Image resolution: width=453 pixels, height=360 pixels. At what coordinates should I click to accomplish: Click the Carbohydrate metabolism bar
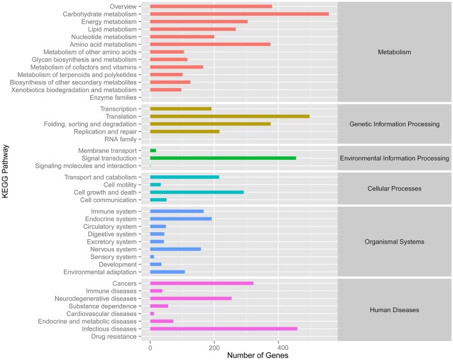click(x=239, y=14)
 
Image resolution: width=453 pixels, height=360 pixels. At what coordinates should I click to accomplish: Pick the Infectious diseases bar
click(x=223, y=329)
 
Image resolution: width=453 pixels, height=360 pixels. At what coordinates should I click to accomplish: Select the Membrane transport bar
click(x=153, y=150)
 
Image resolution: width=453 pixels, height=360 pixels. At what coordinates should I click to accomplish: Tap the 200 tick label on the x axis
click(x=214, y=346)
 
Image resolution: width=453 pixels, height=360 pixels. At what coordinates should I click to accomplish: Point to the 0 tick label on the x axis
click(x=150, y=346)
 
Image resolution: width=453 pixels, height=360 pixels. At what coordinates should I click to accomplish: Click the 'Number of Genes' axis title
click(x=242, y=355)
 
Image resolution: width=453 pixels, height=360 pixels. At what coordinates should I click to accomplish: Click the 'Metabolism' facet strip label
click(x=394, y=52)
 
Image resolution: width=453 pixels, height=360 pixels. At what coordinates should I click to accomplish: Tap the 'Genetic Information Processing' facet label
click(x=394, y=124)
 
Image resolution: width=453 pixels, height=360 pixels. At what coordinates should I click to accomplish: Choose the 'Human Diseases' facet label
click(x=394, y=310)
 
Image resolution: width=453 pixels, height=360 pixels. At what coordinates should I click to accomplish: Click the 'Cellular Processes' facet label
click(x=394, y=189)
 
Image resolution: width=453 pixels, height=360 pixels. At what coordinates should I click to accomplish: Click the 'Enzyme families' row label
click(x=115, y=98)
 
